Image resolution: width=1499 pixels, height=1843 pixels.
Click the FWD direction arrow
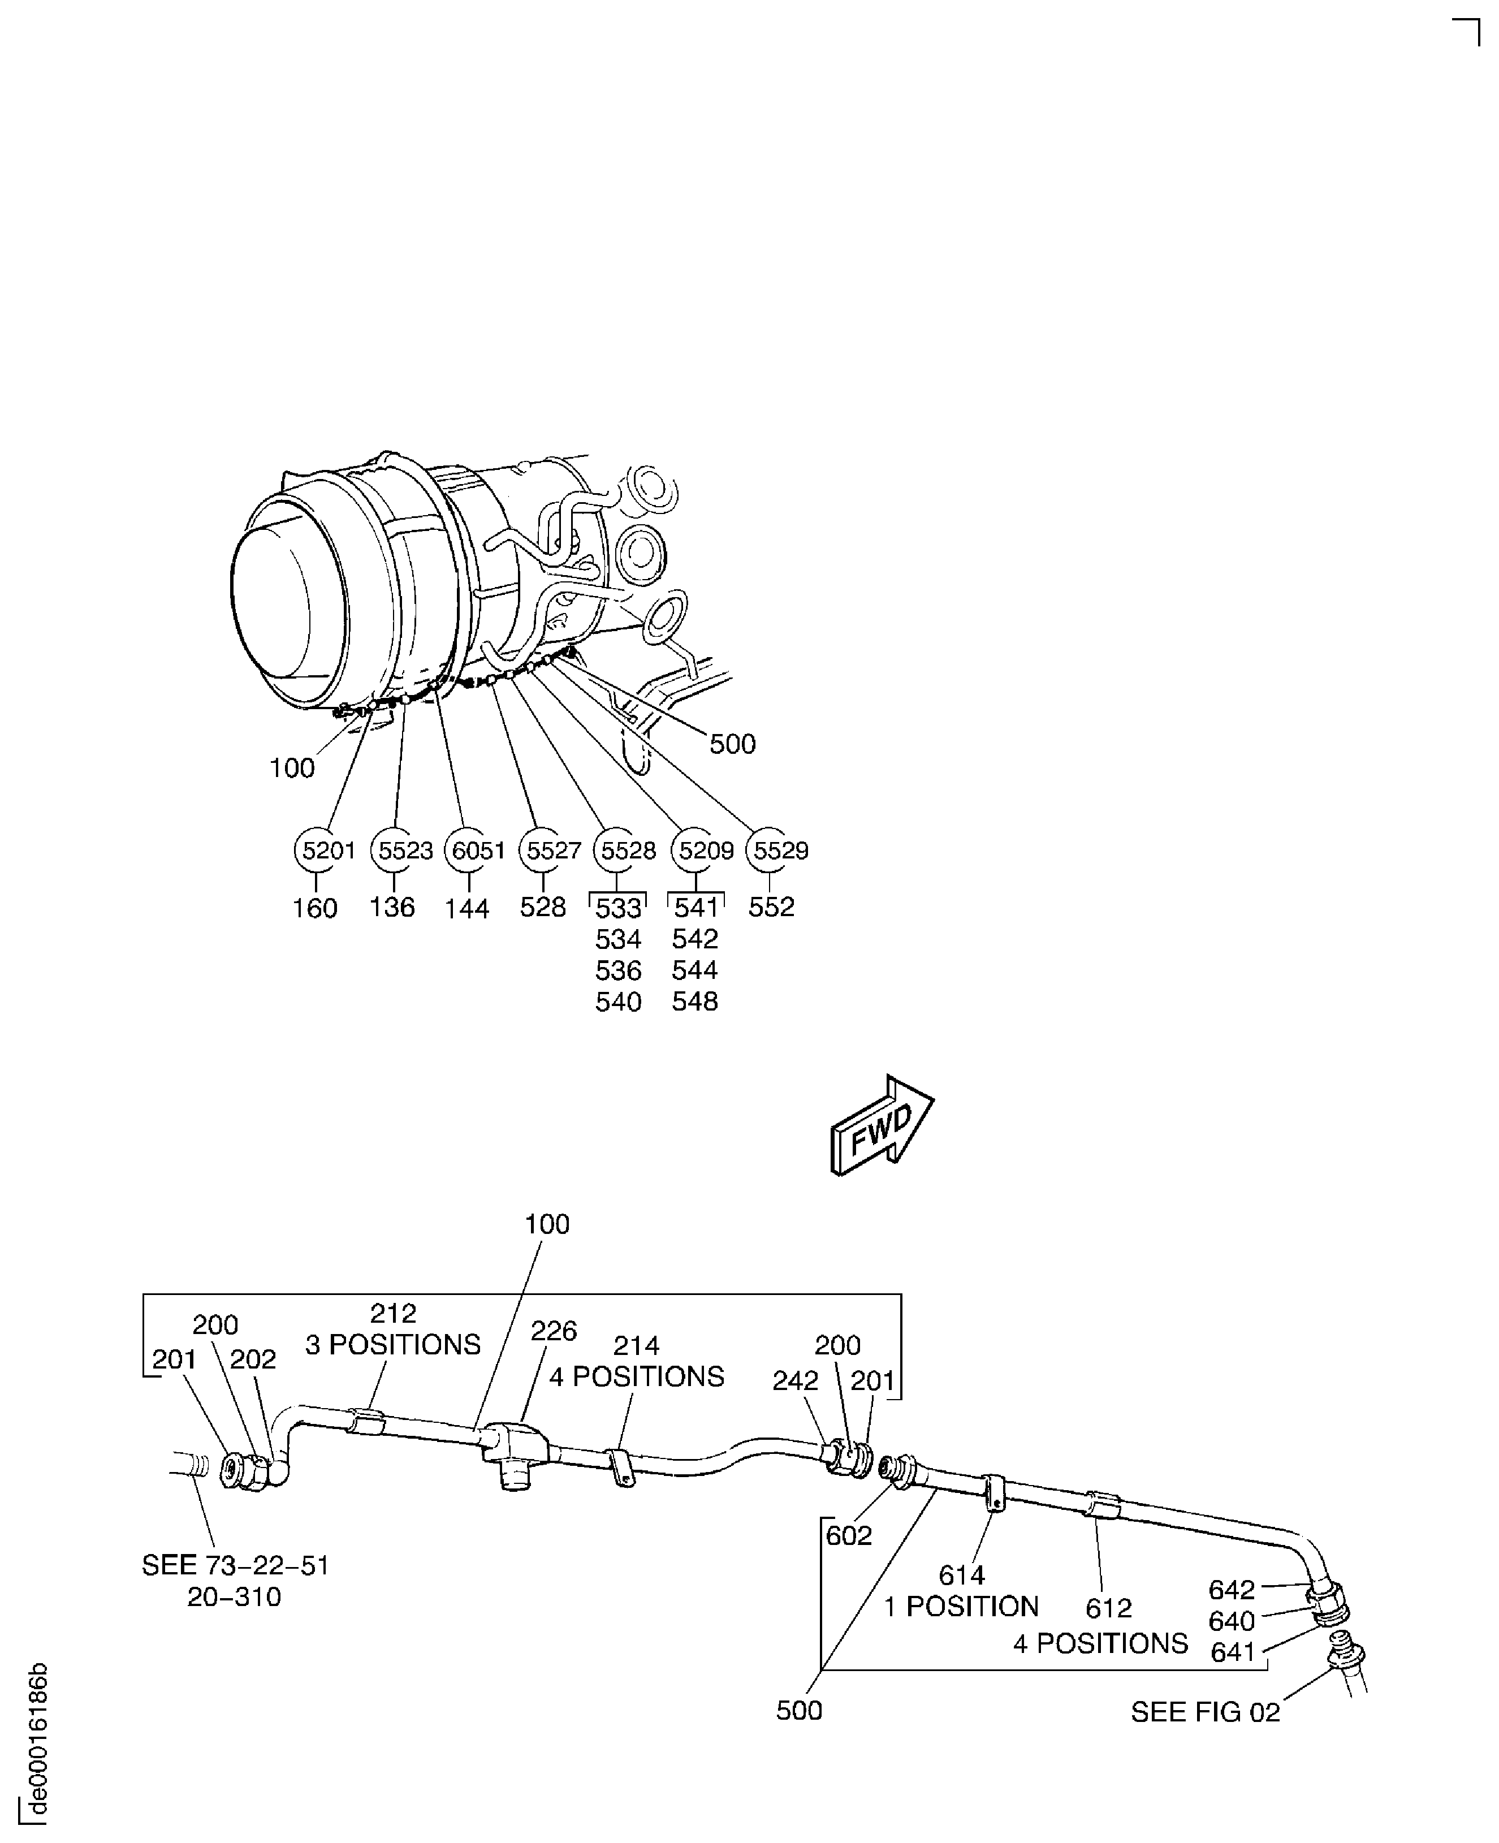pyautogui.click(x=882, y=1124)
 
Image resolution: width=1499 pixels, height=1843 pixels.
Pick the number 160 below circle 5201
pyautogui.click(x=314, y=909)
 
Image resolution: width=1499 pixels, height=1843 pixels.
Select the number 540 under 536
pyautogui.click(x=618, y=1002)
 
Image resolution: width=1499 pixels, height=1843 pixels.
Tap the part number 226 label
pyautogui.click(x=554, y=1331)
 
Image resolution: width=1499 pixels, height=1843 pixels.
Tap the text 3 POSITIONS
pyautogui.click(x=393, y=1345)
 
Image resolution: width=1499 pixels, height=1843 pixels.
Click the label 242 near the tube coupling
pyautogui.click(x=795, y=1381)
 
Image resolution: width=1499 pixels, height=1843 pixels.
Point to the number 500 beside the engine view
pyautogui.click(x=732, y=744)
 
